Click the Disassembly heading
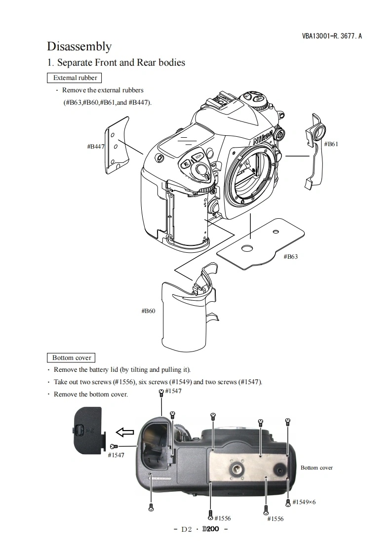click(79, 46)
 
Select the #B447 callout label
click(95, 146)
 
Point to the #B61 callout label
click(331, 144)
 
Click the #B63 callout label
click(290, 257)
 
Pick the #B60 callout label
click(148, 311)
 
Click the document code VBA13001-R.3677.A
click(332, 36)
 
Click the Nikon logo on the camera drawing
click(263, 137)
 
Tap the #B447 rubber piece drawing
click(117, 146)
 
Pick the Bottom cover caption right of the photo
click(316, 468)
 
